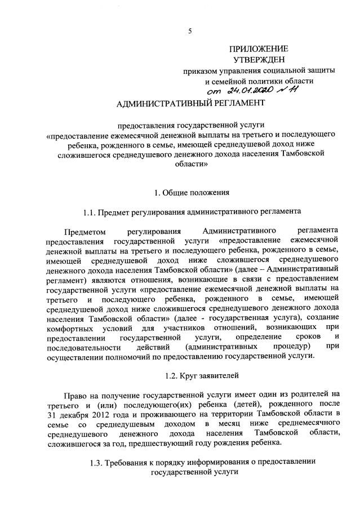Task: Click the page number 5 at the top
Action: click(x=190, y=31)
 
